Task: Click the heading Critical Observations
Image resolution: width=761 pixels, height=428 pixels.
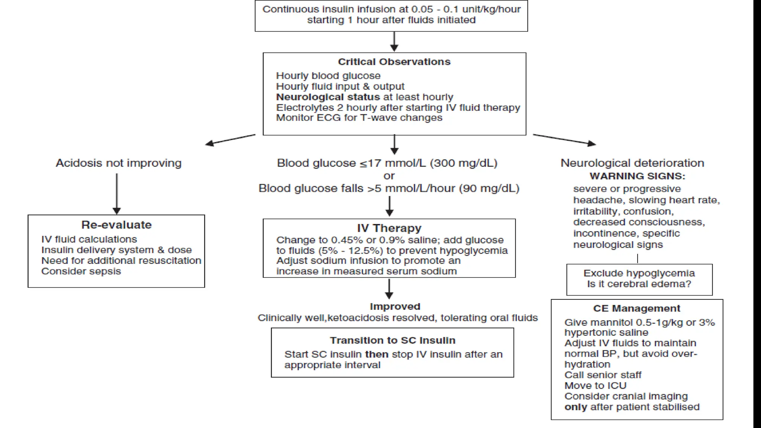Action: [x=394, y=62]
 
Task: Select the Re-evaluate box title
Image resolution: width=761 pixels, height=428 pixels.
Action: [x=116, y=225]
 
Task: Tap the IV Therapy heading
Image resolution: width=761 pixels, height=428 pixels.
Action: [x=389, y=228]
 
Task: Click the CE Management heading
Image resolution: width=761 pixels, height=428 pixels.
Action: [x=637, y=308]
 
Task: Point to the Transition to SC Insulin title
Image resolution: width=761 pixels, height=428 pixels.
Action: [x=392, y=340]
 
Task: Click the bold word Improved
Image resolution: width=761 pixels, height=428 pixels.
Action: [x=395, y=307]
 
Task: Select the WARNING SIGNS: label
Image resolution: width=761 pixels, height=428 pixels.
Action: [x=637, y=176]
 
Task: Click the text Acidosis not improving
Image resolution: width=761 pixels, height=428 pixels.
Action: [x=119, y=163]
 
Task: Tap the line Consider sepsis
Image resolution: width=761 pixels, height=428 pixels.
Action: [x=81, y=271]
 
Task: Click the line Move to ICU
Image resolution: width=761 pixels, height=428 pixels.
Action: [x=595, y=386]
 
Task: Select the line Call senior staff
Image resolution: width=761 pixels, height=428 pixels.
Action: [x=603, y=375]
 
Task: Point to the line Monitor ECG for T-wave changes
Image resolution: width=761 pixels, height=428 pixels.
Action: [x=359, y=118]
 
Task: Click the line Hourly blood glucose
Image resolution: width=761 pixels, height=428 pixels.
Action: [x=328, y=76]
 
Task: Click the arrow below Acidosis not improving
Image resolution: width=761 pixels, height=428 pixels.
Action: [x=117, y=193]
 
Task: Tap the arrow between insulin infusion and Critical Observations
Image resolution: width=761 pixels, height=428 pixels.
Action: [x=394, y=41]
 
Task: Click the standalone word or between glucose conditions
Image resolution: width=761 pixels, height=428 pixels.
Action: [x=389, y=176]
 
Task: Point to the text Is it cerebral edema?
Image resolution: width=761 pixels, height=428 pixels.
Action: [x=639, y=284]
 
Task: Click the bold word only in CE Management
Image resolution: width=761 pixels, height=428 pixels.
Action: [x=576, y=407]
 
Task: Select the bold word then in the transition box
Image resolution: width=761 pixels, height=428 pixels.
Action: [x=377, y=354]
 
